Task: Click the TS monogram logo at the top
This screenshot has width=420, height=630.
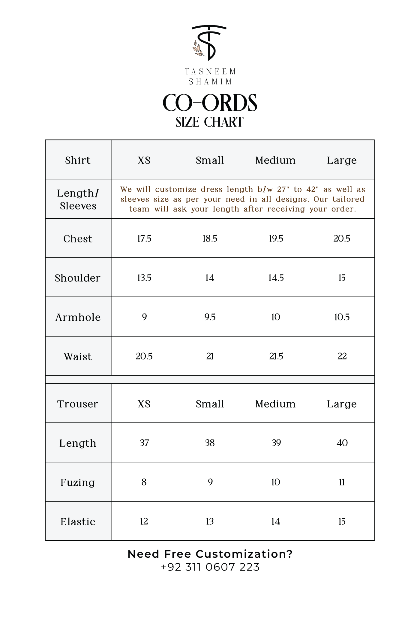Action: click(x=209, y=43)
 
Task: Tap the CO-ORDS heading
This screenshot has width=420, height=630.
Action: click(x=210, y=103)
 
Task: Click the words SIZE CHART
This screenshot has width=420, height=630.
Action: click(x=209, y=122)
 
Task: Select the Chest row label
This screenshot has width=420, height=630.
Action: click(x=78, y=239)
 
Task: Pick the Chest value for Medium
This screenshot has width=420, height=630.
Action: click(x=276, y=238)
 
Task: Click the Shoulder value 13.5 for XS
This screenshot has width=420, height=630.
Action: click(x=144, y=278)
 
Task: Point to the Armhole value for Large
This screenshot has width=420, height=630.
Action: click(x=342, y=317)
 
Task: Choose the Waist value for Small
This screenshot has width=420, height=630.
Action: click(x=210, y=356)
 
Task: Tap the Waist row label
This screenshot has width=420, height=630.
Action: click(x=78, y=357)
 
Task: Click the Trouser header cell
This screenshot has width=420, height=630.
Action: click(x=78, y=404)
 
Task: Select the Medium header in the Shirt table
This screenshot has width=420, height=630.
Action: click(x=275, y=160)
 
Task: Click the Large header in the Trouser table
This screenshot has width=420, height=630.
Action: click(x=342, y=404)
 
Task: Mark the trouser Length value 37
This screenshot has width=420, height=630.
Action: click(x=144, y=443)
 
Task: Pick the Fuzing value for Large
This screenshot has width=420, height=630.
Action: click(x=342, y=482)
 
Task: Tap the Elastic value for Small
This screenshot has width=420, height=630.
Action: click(x=210, y=521)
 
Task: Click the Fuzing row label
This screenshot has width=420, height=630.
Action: click(x=78, y=482)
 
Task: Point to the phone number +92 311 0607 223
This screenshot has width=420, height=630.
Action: click(x=210, y=567)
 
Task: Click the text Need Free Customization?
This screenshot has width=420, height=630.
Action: click(x=210, y=554)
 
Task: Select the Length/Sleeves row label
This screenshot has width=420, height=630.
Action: click(x=78, y=199)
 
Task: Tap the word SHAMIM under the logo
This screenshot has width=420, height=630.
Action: click(x=210, y=82)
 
